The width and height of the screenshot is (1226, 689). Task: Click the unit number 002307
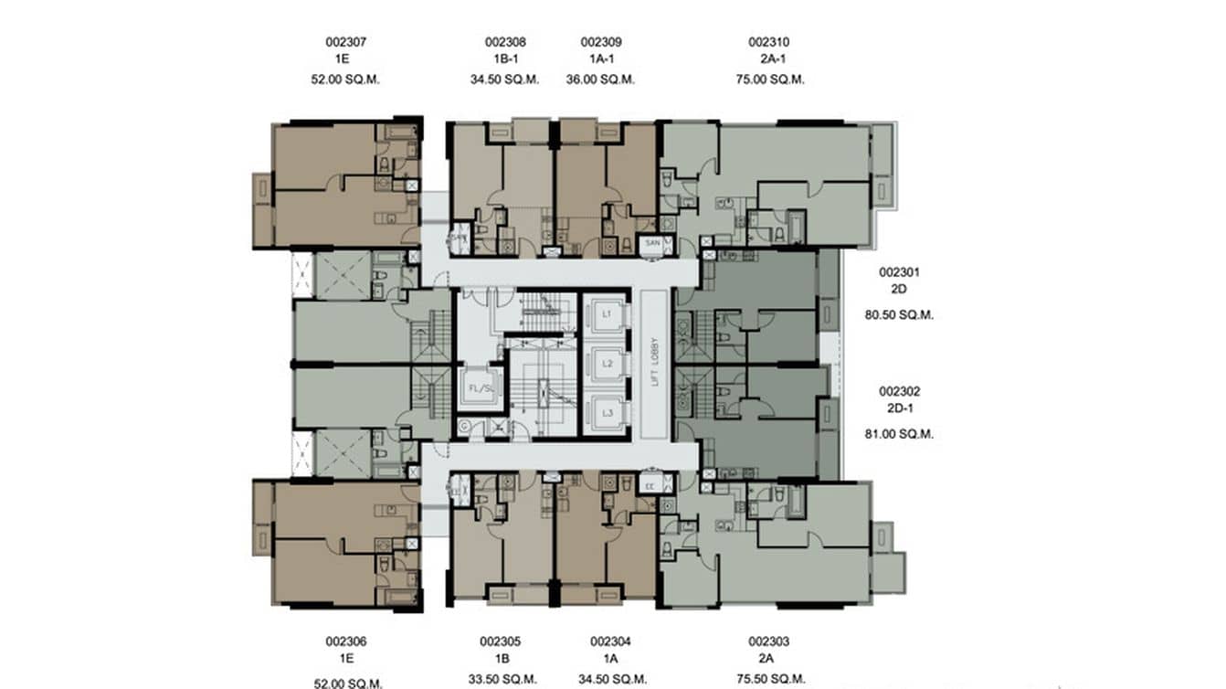click(345, 42)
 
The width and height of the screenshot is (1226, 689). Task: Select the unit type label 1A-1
click(601, 60)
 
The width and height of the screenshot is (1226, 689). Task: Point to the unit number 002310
click(768, 42)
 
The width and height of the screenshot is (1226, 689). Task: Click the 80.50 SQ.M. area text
click(899, 315)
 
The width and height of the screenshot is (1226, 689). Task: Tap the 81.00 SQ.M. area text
click(899, 435)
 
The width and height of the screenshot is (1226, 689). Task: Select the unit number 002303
click(768, 641)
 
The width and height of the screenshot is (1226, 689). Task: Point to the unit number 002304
click(610, 641)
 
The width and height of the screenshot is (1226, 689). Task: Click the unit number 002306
click(345, 641)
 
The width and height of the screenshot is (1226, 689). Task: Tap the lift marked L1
click(607, 314)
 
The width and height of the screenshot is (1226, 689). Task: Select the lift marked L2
click(607, 364)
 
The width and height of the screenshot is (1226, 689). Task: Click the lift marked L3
click(607, 413)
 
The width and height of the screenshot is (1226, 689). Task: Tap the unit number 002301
click(899, 272)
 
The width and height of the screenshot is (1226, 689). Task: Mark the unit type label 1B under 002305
click(500, 660)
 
